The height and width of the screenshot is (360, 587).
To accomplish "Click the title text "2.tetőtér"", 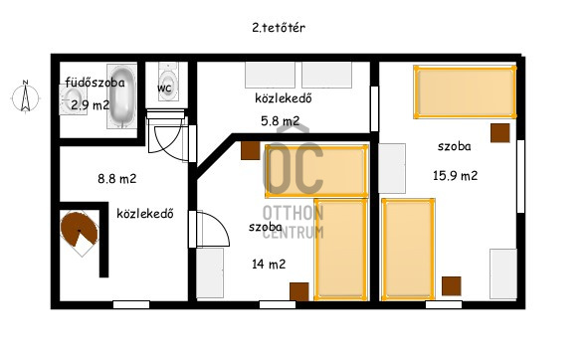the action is pos(279,28).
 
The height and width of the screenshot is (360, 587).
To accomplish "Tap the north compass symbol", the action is pos(25,96).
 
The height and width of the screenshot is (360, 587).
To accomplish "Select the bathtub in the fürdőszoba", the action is pos(121,96).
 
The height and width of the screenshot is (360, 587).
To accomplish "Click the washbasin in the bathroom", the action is pos(73,99).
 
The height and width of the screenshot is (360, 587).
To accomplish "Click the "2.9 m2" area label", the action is pos(91,105).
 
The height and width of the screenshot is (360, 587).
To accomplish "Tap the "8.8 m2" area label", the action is pos(117,179).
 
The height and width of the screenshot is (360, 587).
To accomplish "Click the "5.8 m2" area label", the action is pos(281,121).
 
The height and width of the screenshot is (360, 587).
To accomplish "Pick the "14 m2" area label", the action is pos(269,265).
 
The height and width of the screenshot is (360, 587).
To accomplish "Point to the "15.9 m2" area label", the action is pos(456,175).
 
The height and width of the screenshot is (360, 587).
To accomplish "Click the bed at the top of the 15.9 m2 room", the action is pos(465,92).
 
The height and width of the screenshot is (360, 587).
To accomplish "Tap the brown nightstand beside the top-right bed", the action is pos(500,133).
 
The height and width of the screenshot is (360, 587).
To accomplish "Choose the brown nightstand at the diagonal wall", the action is pos(251,150).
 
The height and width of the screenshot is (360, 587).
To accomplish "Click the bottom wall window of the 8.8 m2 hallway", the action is pos(131,304).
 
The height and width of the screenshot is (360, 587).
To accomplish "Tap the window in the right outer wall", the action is pos(520,176).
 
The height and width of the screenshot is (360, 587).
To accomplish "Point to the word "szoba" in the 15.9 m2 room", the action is pos(455,146).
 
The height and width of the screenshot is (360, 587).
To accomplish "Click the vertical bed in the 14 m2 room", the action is pos(340,250).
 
